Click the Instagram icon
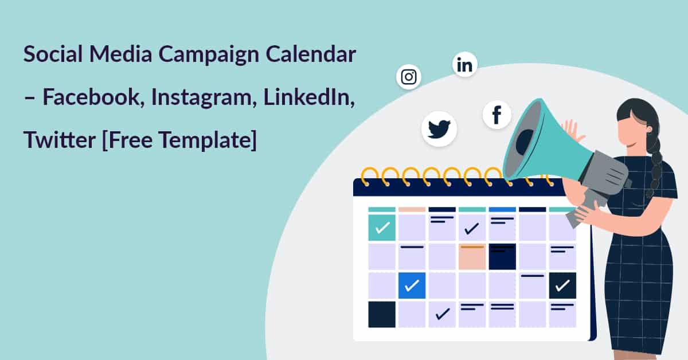(x=409, y=77)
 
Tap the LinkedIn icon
(x=465, y=65)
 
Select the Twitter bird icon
(x=439, y=128)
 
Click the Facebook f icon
(x=497, y=115)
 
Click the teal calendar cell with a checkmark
(x=382, y=228)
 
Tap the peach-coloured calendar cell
(x=472, y=256)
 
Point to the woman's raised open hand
(x=571, y=131)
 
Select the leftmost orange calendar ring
(x=370, y=174)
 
